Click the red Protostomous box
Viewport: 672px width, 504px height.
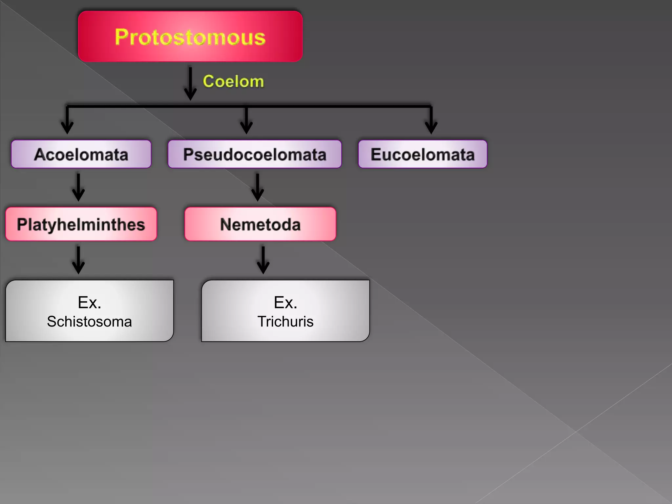pyautogui.click(x=190, y=36)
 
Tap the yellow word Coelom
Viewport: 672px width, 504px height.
pyautogui.click(x=233, y=81)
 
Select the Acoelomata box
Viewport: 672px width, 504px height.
pyautogui.click(x=81, y=154)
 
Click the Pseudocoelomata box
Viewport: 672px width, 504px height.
pyautogui.click(x=255, y=154)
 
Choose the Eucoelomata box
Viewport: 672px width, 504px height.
pyautogui.click(x=423, y=154)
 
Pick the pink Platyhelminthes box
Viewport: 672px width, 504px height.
pyautogui.click(x=81, y=224)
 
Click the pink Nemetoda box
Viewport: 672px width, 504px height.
pyautogui.click(x=260, y=224)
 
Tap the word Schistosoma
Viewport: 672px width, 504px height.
pyautogui.click(x=89, y=322)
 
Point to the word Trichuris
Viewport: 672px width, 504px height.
pyautogui.click(x=285, y=322)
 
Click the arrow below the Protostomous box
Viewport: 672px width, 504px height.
pyautogui.click(x=190, y=84)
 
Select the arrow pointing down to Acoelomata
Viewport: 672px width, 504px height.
pyautogui.click(x=67, y=120)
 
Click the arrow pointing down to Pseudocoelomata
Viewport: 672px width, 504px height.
pyautogui.click(x=246, y=120)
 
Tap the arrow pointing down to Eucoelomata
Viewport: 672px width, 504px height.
pyautogui.click(x=431, y=120)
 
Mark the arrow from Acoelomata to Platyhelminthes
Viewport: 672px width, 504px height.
pyautogui.click(x=78, y=187)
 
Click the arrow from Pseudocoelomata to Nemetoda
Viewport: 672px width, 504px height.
pyautogui.click(x=258, y=187)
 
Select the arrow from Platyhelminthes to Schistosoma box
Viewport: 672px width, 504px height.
pyautogui.click(x=78, y=260)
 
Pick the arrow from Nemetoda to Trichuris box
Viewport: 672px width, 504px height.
pyautogui.click(x=263, y=260)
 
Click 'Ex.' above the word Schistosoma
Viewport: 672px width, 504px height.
pyautogui.click(x=89, y=302)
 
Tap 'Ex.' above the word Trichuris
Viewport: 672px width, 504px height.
pyautogui.click(x=285, y=302)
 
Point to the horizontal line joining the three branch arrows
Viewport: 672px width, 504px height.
pyautogui.click(x=328, y=106)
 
